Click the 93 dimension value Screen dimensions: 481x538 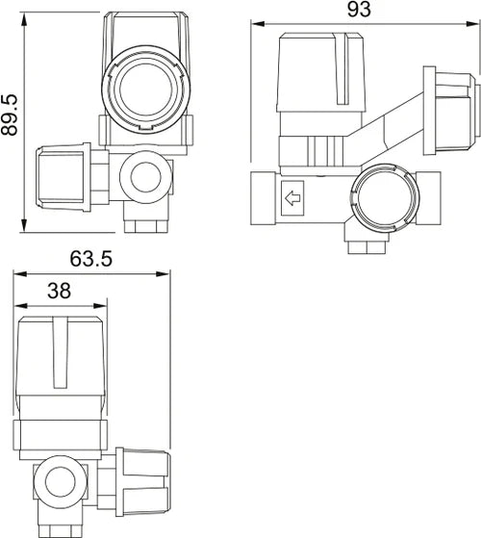359,10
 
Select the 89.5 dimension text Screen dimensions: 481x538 10,115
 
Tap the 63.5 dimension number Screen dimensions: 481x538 90,259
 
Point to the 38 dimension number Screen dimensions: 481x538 59,291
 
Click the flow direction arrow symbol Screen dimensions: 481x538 292,198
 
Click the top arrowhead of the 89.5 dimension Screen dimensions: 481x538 24,19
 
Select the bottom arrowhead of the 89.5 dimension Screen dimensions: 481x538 24,225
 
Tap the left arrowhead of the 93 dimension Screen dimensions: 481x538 258,24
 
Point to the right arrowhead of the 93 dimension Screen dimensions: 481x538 471,24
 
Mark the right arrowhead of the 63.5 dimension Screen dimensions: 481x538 163,273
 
